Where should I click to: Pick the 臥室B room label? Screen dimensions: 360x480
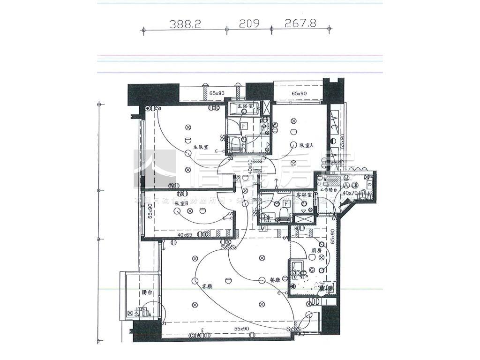(181, 204)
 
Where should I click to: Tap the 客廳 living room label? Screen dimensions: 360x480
(207, 285)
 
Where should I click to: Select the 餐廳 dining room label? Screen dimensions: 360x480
(262, 279)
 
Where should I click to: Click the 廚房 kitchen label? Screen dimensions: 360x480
(317, 251)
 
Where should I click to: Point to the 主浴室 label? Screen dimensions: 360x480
(245, 106)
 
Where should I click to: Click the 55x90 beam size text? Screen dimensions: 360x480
(242, 329)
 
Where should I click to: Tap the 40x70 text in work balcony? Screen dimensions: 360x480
(351, 193)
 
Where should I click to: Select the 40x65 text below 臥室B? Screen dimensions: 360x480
(185, 234)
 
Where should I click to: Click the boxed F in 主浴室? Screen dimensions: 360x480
(244, 126)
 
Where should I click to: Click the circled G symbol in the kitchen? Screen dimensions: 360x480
(312, 270)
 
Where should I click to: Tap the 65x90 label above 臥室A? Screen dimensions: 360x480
(299, 94)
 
